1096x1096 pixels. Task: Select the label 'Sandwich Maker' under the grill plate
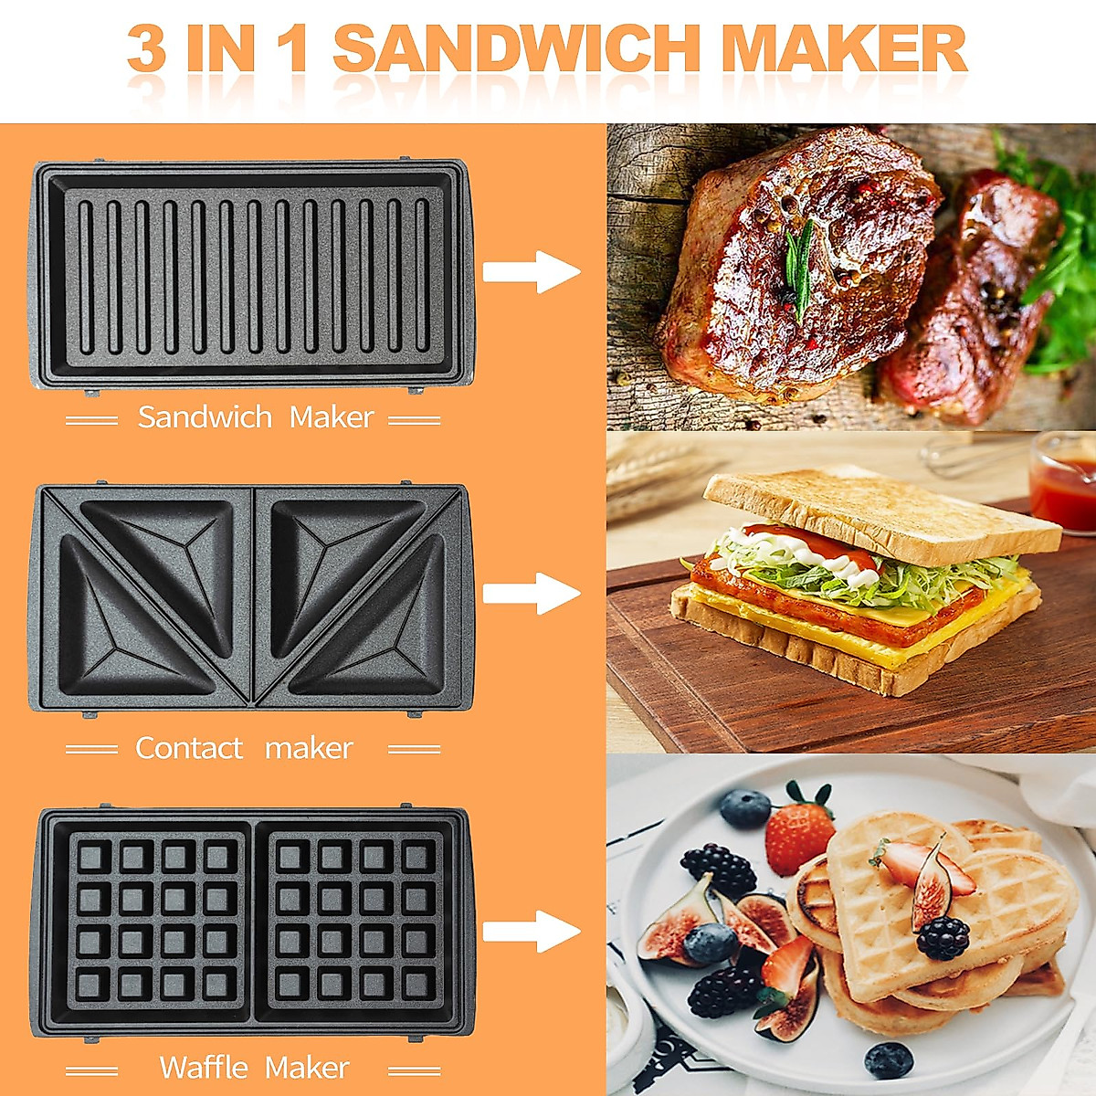255,417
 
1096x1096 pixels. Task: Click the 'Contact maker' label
244,748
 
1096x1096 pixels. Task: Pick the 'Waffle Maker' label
254,1067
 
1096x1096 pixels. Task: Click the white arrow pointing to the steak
532,271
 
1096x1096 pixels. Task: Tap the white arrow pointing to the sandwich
532,594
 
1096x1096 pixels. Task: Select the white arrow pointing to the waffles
532,932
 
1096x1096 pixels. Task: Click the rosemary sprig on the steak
800,265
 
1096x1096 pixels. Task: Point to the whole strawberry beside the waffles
798,831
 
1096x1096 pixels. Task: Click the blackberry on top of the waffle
943,937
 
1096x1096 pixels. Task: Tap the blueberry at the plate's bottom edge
888,1059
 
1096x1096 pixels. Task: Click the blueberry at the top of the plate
745,808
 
